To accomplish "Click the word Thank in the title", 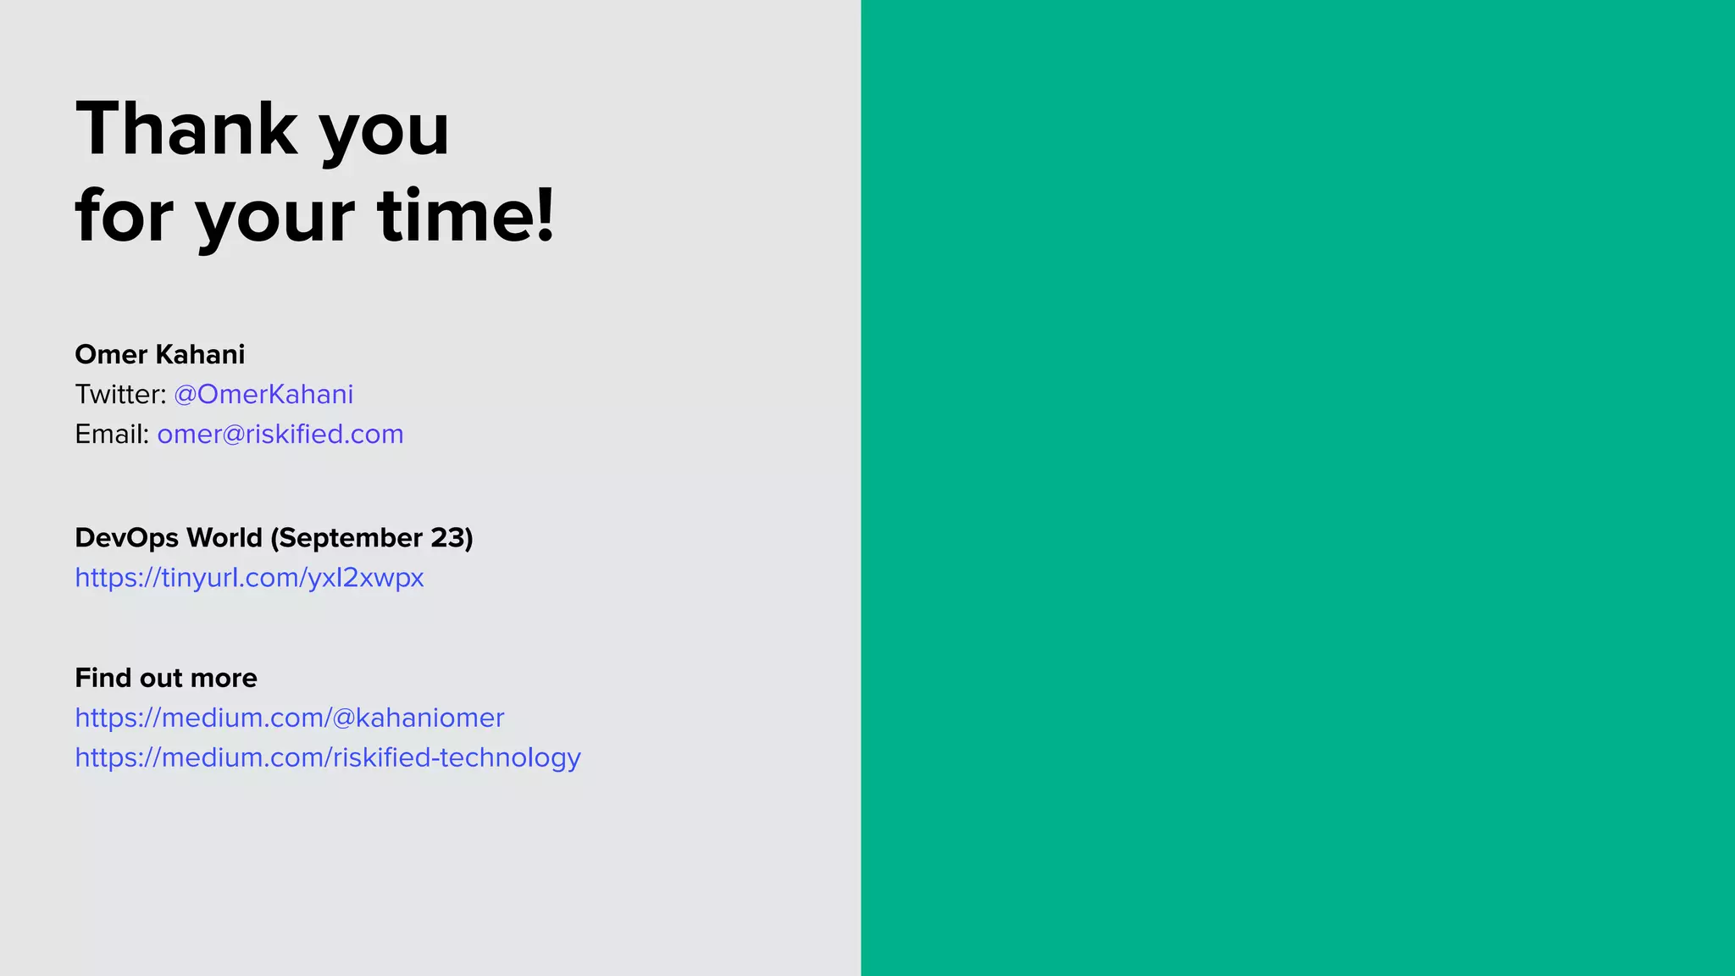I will pyautogui.click(x=186, y=129).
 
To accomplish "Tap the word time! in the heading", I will pyautogui.click(x=466, y=215).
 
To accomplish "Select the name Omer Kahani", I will pyautogui.click(x=159, y=354).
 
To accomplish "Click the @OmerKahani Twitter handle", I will pyautogui.click(x=263, y=394).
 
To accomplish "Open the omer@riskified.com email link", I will pyautogui.click(x=280, y=434).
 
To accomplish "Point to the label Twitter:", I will pyautogui.click(x=120, y=394).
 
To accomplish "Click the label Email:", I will pyautogui.click(x=112, y=434).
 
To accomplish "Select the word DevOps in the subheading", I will pyautogui.click(x=126, y=538).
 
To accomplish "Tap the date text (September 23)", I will pyautogui.click(x=371, y=538).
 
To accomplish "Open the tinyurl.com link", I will pyautogui.click(x=249, y=578).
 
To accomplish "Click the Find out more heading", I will pyautogui.click(x=166, y=678).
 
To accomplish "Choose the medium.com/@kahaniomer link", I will pyautogui.click(x=290, y=718).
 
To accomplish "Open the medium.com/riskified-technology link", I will pyautogui.click(x=328, y=757).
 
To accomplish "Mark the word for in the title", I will pyautogui.click(x=124, y=215).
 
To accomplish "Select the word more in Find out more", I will pyautogui.click(x=224, y=678).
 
